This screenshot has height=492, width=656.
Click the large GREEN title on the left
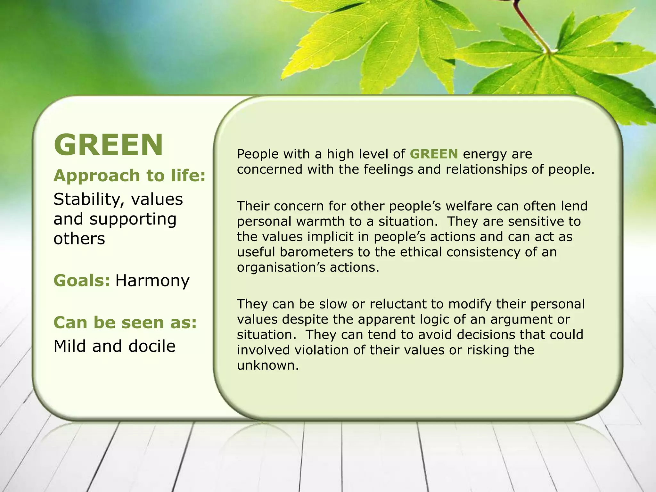pyautogui.click(x=108, y=145)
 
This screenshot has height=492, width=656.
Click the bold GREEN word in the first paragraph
pyautogui.click(x=434, y=154)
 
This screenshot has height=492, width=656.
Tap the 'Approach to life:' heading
pyautogui.click(x=129, y=176)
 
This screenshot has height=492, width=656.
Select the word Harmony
pyautogui.click(x=152, y=281)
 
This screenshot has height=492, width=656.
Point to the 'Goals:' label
pyautogui.click(x=82, y=281)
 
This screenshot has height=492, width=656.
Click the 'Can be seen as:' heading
pyautogui.click(x=125, y=322)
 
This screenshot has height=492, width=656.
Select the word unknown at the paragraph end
pyautogui.click(x=268, y=365)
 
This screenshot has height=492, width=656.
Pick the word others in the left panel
pyautogui.click(x=79, y=239)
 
